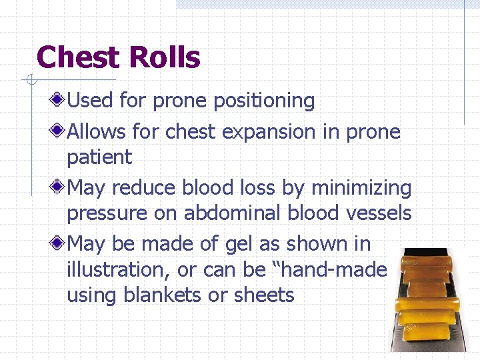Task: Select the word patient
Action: (x=99, y=158)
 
